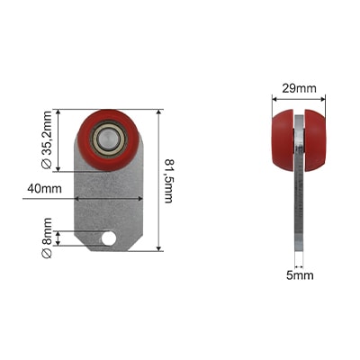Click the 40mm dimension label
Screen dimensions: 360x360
click(44, 189)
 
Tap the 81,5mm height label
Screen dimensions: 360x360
click(169, 181)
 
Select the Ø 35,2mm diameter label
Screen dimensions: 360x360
click(47, 140)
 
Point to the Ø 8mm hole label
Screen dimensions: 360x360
click(47, 238)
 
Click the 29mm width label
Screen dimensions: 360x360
click(299, 88)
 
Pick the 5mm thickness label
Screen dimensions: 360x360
click(300, 275)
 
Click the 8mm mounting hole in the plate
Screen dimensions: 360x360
click(109, 238)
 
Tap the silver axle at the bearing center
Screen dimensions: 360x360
click(109, 139)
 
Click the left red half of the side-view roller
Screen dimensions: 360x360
click(283, 140)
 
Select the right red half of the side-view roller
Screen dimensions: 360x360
click(315, 140)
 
